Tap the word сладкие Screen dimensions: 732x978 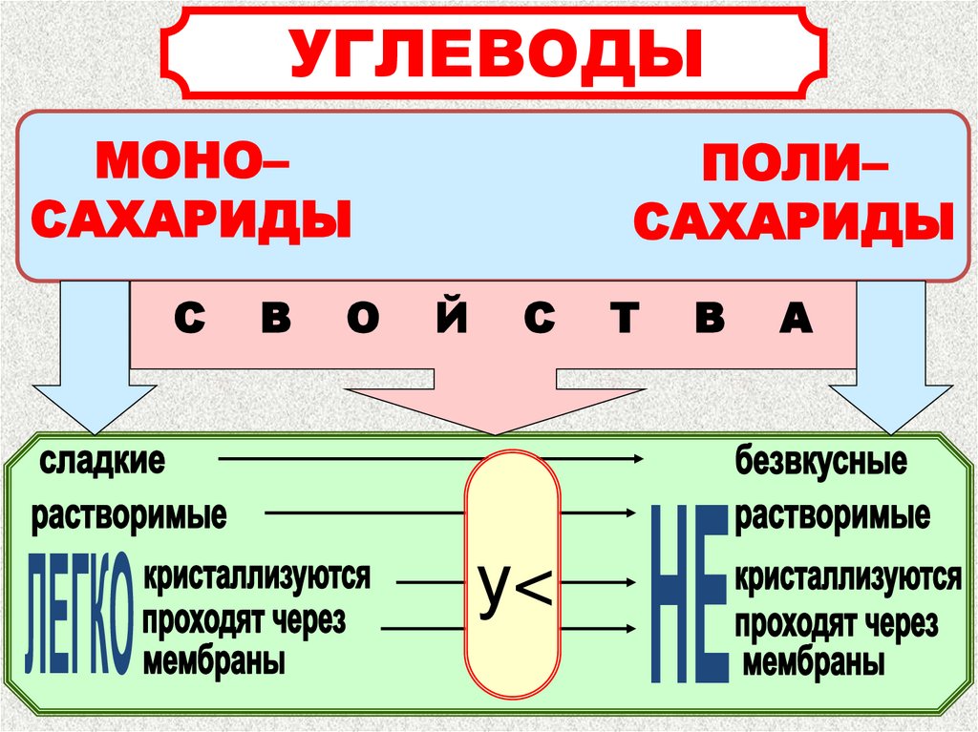click(x=102, y=462)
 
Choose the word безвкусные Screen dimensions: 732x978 click(x=820, y=463)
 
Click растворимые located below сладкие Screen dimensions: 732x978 click(x=130, y=516)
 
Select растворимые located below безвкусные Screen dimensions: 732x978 click(x=833, y=516)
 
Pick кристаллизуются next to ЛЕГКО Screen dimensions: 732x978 click(x=256, y=576)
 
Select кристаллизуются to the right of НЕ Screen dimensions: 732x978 click(x=847, y=577)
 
